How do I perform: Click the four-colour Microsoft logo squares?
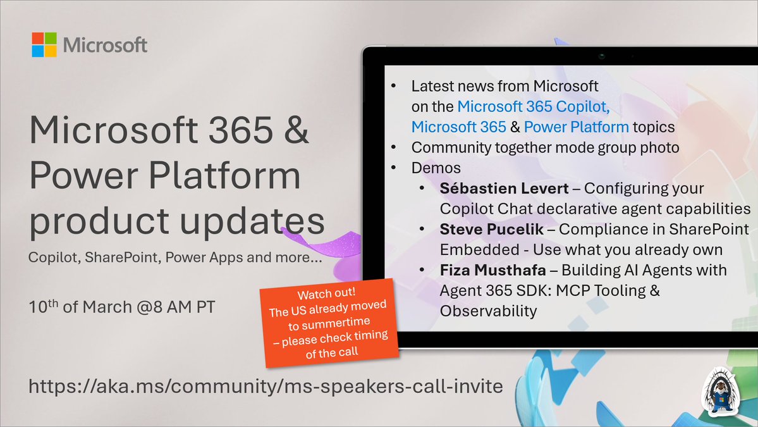(x=44, y=45)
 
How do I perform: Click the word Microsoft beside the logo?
(x=105, y=46)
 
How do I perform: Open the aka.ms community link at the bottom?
(x=266, y=385)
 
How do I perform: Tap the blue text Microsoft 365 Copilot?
(x=534, y=106)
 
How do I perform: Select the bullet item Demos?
(x=436, y=168)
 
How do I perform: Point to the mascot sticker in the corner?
(x=724, y=392)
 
